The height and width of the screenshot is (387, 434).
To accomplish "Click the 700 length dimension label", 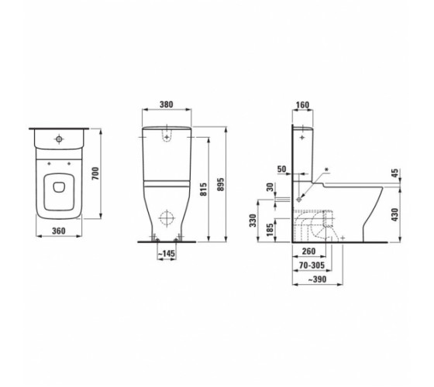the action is (95, 173).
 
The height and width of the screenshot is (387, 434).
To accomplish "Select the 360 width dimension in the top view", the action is (59, 231).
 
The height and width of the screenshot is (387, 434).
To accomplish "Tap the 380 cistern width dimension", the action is (167, 104).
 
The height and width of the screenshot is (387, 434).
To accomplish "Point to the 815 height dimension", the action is (203, 190).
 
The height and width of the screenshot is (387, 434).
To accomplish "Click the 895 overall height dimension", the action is (221, 184).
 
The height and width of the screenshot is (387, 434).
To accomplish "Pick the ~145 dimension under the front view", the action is (167, 254).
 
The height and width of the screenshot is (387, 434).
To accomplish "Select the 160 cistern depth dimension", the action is (302, 105).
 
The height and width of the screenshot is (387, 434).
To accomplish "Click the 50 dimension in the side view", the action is (282, 169).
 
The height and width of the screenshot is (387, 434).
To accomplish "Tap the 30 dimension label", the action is (270, 187).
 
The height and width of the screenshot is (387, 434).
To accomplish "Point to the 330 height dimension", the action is (253, 221).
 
